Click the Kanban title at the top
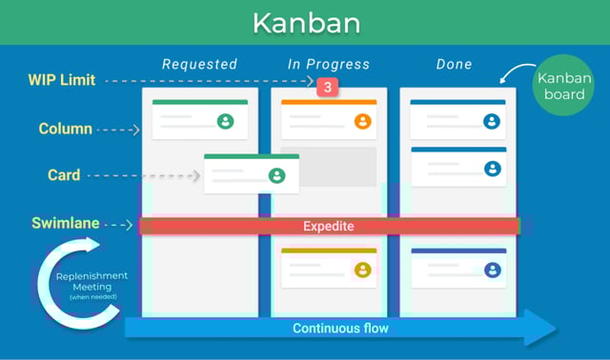(x=304, y=23)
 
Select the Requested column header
(x=199, y=65)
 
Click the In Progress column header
(x=328, y=65)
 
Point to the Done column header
(x=453, y=65)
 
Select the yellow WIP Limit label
(x=62, y=81)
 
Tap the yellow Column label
(x=66, y=129)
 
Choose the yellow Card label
(x=64, y=175)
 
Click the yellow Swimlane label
(x=63, y=224)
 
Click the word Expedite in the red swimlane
(x=328, y=226)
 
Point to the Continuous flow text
(x=340, y=329)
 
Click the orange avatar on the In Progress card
(x=362, y=121)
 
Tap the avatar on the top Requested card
(x=225, y=121)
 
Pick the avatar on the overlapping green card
(x=276, y=175)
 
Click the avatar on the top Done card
(x=492, y=121)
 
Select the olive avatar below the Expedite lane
(x=362, y=270)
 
